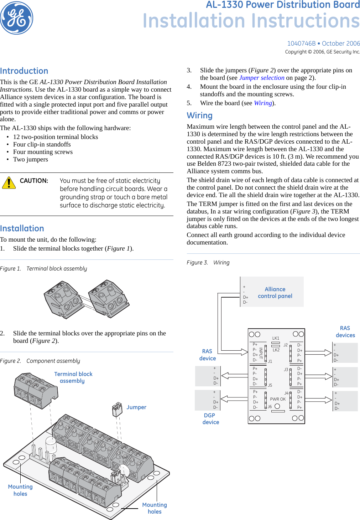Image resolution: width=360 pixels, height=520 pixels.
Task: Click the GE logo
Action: [x=17, y=18]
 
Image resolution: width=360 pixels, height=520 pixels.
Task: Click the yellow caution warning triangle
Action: [x=9, y=182]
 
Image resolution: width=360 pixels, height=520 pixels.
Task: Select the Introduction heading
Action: [x=24, y=71]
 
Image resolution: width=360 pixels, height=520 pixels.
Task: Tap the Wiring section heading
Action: [x=199, y=115]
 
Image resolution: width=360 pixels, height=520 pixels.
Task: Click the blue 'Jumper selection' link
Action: [x=262, y=78]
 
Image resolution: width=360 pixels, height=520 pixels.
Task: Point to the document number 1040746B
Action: [x=301, y=43]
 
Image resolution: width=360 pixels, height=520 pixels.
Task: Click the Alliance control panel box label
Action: [x=275, y=293]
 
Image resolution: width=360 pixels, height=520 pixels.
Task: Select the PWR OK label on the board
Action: [x=278, y=399]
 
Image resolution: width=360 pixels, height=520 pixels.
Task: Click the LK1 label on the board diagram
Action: [x=276, y=338]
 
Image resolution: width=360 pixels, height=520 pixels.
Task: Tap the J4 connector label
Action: [x=286, y=393]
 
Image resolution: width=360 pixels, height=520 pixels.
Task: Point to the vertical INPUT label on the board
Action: [x=261, y=353]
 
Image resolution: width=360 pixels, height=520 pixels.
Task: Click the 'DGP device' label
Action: [x=210, y=419]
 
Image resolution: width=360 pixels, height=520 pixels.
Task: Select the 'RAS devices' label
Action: [x=345, y=331]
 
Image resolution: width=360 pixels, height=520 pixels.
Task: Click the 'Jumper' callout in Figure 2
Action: [x=136, y=407]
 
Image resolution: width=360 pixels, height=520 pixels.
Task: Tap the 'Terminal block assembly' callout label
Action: [x=73, y=377]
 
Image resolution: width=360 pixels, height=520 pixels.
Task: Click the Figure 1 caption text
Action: [x=43, y=269]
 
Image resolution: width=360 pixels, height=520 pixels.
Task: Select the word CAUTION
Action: [x=34, y=181]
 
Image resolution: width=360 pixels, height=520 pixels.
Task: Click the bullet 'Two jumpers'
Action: [x=31, y=159]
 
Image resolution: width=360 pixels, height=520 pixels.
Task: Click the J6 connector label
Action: [x=270, y=407]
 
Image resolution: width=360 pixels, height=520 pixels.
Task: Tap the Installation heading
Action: [x=22, y=228]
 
